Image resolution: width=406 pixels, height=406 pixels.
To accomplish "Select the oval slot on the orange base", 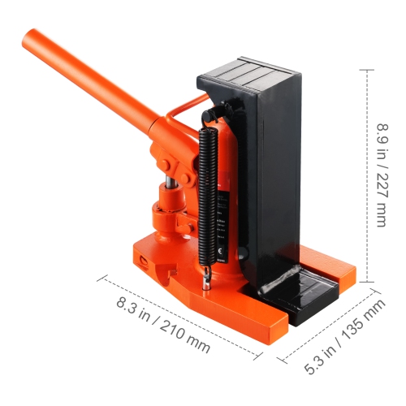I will (x=144, y=261).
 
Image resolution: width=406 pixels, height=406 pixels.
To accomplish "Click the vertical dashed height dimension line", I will (x=369, y=175).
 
